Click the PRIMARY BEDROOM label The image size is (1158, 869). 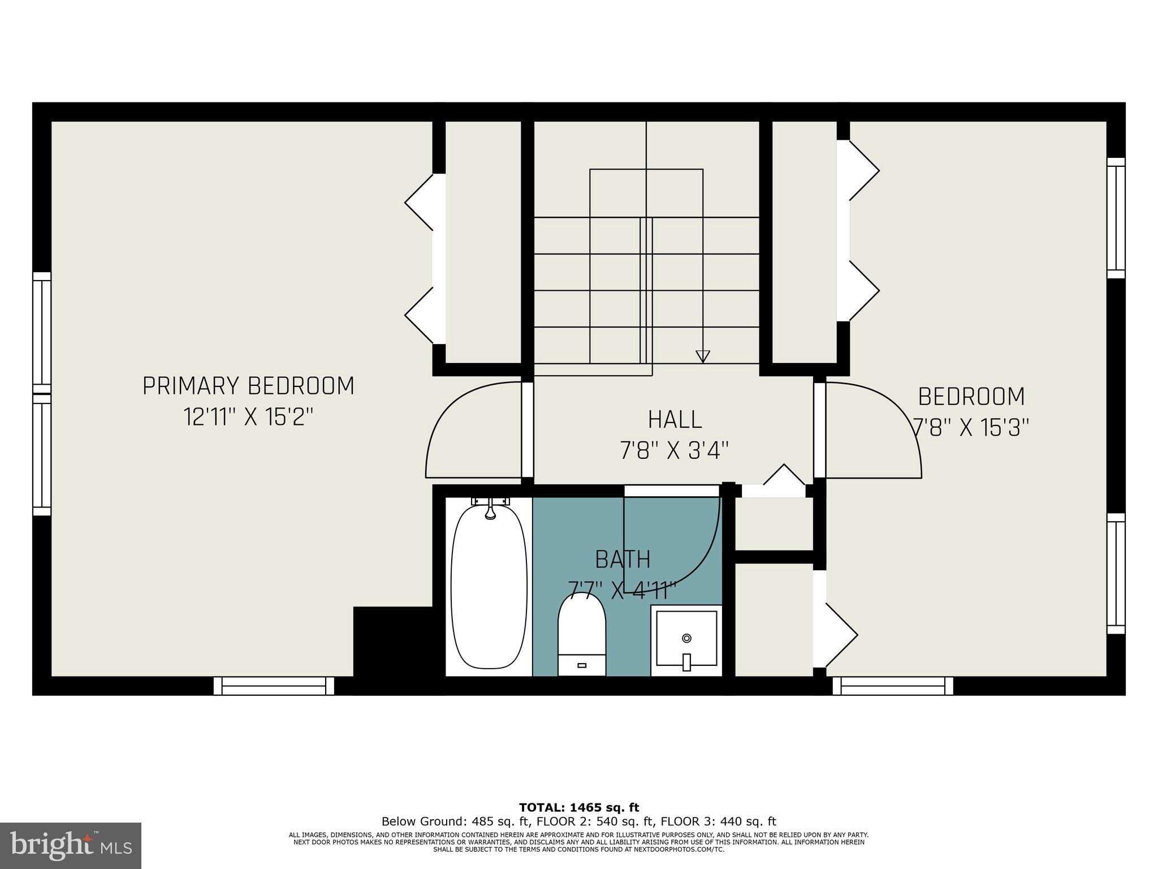click(248, 386)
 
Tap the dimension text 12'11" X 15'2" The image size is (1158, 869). click(248, 418)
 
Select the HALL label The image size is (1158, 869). click(675, 420)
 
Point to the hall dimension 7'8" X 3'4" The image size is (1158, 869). click(675, 451)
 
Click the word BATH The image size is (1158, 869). click(623, 560)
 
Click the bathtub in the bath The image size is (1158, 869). click(489, 588)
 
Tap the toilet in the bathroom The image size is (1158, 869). click(582, 634)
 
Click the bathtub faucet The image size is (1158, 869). click(490, 509)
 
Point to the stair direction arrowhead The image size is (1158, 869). click(702, 356)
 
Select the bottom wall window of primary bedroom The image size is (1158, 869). click(274, 686)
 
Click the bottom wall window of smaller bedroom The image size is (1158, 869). click(892, 686)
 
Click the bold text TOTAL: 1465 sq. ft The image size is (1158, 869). click(579, 807)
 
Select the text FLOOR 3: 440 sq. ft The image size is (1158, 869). click(718, 821)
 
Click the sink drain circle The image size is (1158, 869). click(686, 638)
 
